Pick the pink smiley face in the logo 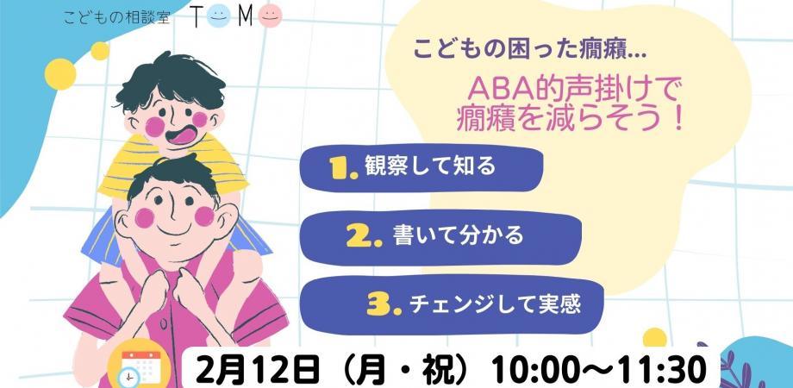[x=272, y=16]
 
